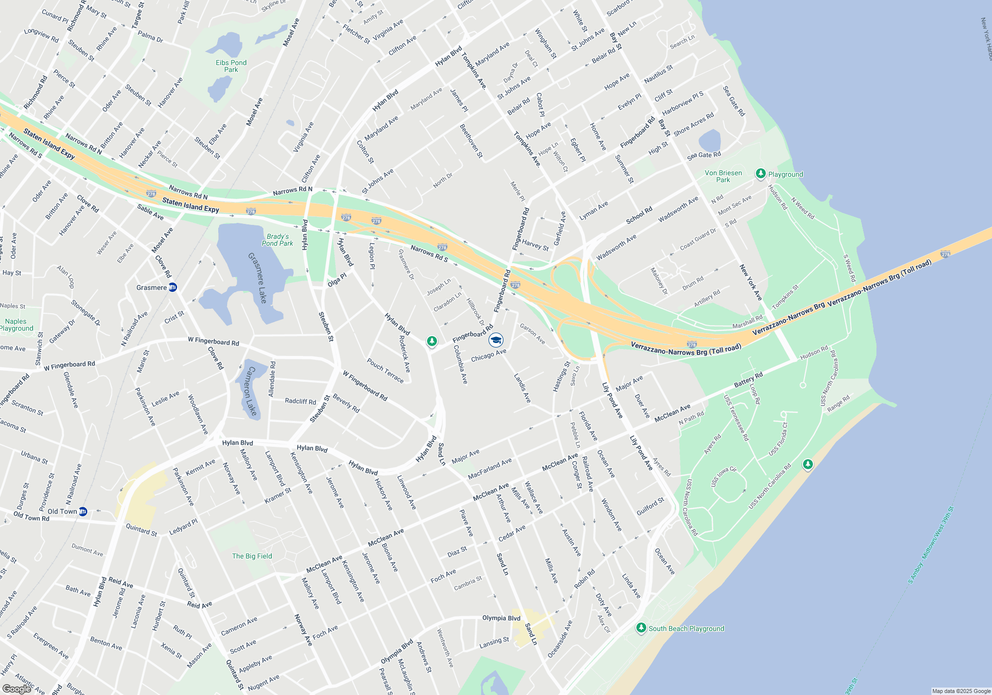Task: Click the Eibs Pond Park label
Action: [231, 66]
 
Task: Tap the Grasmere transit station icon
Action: [173, 287]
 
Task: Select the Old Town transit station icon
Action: [83, 511]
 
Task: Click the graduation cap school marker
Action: [496, 340]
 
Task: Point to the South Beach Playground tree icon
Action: [641, 628]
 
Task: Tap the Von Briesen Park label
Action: [723, 176]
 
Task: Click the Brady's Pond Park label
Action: [277, 240]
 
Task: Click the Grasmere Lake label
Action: [258, 278]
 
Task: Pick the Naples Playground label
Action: [16, 325]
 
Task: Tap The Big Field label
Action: [252, 556]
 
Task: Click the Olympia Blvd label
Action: [501, 618]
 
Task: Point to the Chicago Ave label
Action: [489, 355]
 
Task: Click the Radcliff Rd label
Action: [301, 401]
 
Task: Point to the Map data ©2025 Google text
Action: [961, 691]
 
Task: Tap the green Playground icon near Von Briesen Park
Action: [760, 174]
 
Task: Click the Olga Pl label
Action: [337, 279]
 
